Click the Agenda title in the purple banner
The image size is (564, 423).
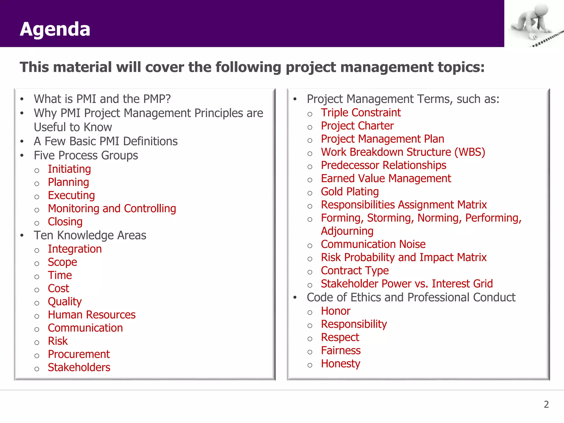[55, 29]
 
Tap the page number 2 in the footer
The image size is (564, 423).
[546, 404]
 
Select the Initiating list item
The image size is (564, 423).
[69, 169]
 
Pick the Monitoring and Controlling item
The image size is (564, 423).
[112, 208]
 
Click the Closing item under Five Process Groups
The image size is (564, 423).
[65, 222]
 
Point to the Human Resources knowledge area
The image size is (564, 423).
[91, 315]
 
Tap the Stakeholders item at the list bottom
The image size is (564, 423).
[79, 367]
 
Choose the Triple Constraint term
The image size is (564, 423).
[361, 113]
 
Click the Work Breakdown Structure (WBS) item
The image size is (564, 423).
[403, 152]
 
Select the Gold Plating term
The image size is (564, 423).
[350, 192]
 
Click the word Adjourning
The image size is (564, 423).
[347, 231]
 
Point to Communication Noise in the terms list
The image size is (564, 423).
[373, 244]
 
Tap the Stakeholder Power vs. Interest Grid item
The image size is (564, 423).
[407, 284]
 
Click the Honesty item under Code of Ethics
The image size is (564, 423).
[340, 364]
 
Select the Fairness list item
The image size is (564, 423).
[341, 351]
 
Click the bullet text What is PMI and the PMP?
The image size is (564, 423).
[102, 99]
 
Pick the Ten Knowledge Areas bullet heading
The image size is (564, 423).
[90, 235]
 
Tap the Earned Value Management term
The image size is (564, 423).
[386, 178]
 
